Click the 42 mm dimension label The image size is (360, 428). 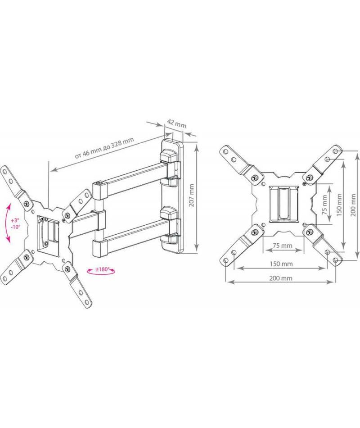coord(176,123)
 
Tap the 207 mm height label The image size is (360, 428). coord(191,195)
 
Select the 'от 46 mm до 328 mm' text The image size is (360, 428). coord(104,148)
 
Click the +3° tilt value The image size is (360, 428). coord(15,220)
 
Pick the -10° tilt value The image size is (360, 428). coord(15,227)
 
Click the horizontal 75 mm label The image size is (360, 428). coord(283,245)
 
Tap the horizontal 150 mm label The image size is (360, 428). coord(281,264)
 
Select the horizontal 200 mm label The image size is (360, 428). coord(281,278)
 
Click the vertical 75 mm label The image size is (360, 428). coord(324,204)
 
